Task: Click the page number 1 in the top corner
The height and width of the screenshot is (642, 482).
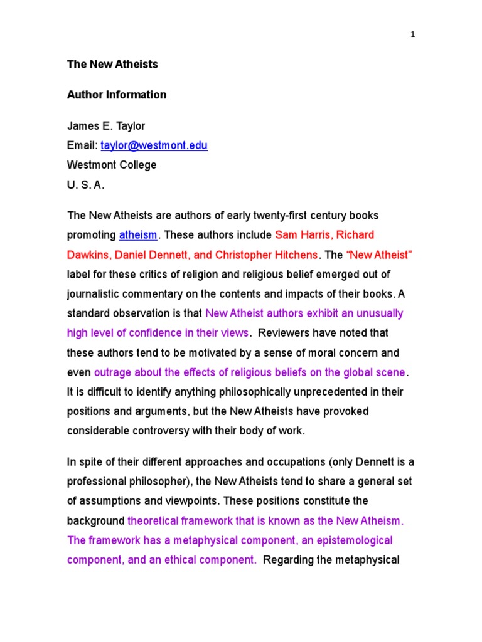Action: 412,35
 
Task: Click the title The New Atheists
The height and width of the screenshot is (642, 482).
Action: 112,64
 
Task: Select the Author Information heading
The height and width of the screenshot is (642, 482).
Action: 117,95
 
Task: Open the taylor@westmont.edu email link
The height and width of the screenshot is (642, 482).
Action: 154,145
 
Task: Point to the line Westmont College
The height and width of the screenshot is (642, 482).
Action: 112,166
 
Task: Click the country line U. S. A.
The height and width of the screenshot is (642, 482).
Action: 86,186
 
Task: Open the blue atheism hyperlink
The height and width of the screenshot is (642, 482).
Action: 138,235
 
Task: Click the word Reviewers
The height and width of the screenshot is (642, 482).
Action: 286,333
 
